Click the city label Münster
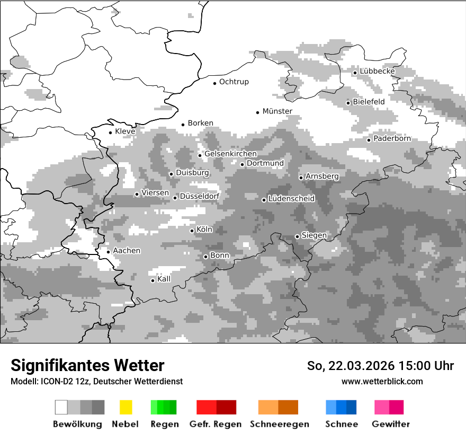[277, 111]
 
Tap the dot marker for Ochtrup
[214, 83]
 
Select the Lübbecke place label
[377, 72]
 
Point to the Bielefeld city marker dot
[348, 103]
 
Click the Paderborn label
[392, 139]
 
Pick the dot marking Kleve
[110, 133]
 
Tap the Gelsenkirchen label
[230, 154]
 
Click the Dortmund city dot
[242, 164]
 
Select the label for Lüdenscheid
[291, 199]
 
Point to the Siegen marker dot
[297, 236]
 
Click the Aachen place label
[127, 251]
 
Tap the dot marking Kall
[153, 280]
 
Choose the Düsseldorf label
[199, 196]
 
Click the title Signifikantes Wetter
[87, 366]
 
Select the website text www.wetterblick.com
[382, 381]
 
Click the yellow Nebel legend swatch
[126, 407]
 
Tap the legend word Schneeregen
[279, 424]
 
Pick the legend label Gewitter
[390, 424]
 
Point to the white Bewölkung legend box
[61, 407]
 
